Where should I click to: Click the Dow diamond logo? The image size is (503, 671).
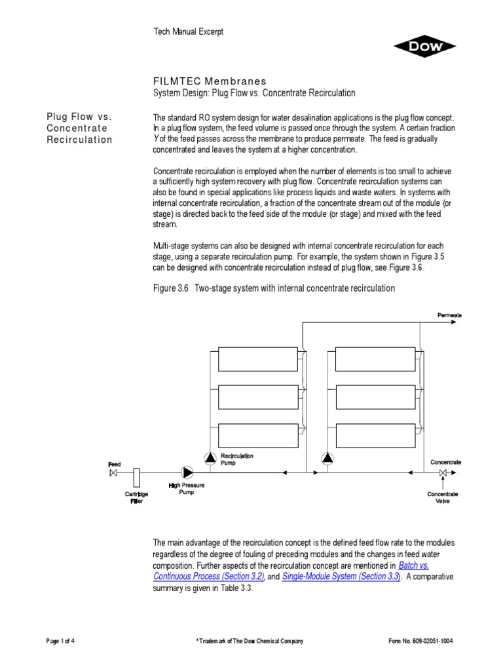(425, 47)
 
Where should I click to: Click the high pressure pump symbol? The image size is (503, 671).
(187, 472)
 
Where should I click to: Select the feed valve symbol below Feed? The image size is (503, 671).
(113, 472)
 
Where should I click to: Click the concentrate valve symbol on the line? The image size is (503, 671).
(443, 472)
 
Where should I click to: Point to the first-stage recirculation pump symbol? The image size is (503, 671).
(209, 458)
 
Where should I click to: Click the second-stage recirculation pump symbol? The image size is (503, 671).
(327, 458)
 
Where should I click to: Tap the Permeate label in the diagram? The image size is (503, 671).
(449, 315)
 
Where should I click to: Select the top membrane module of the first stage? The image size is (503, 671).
(257, 359)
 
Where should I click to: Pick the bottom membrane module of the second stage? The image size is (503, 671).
(375, 434)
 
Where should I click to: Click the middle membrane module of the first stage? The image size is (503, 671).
(257, 396)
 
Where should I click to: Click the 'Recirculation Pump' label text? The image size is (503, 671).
(236, 459)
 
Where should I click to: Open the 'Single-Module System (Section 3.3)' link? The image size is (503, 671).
(341, 577)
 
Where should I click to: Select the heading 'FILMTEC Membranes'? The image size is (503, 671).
(210, 81)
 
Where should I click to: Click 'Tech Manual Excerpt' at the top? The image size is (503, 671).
(188, 32)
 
